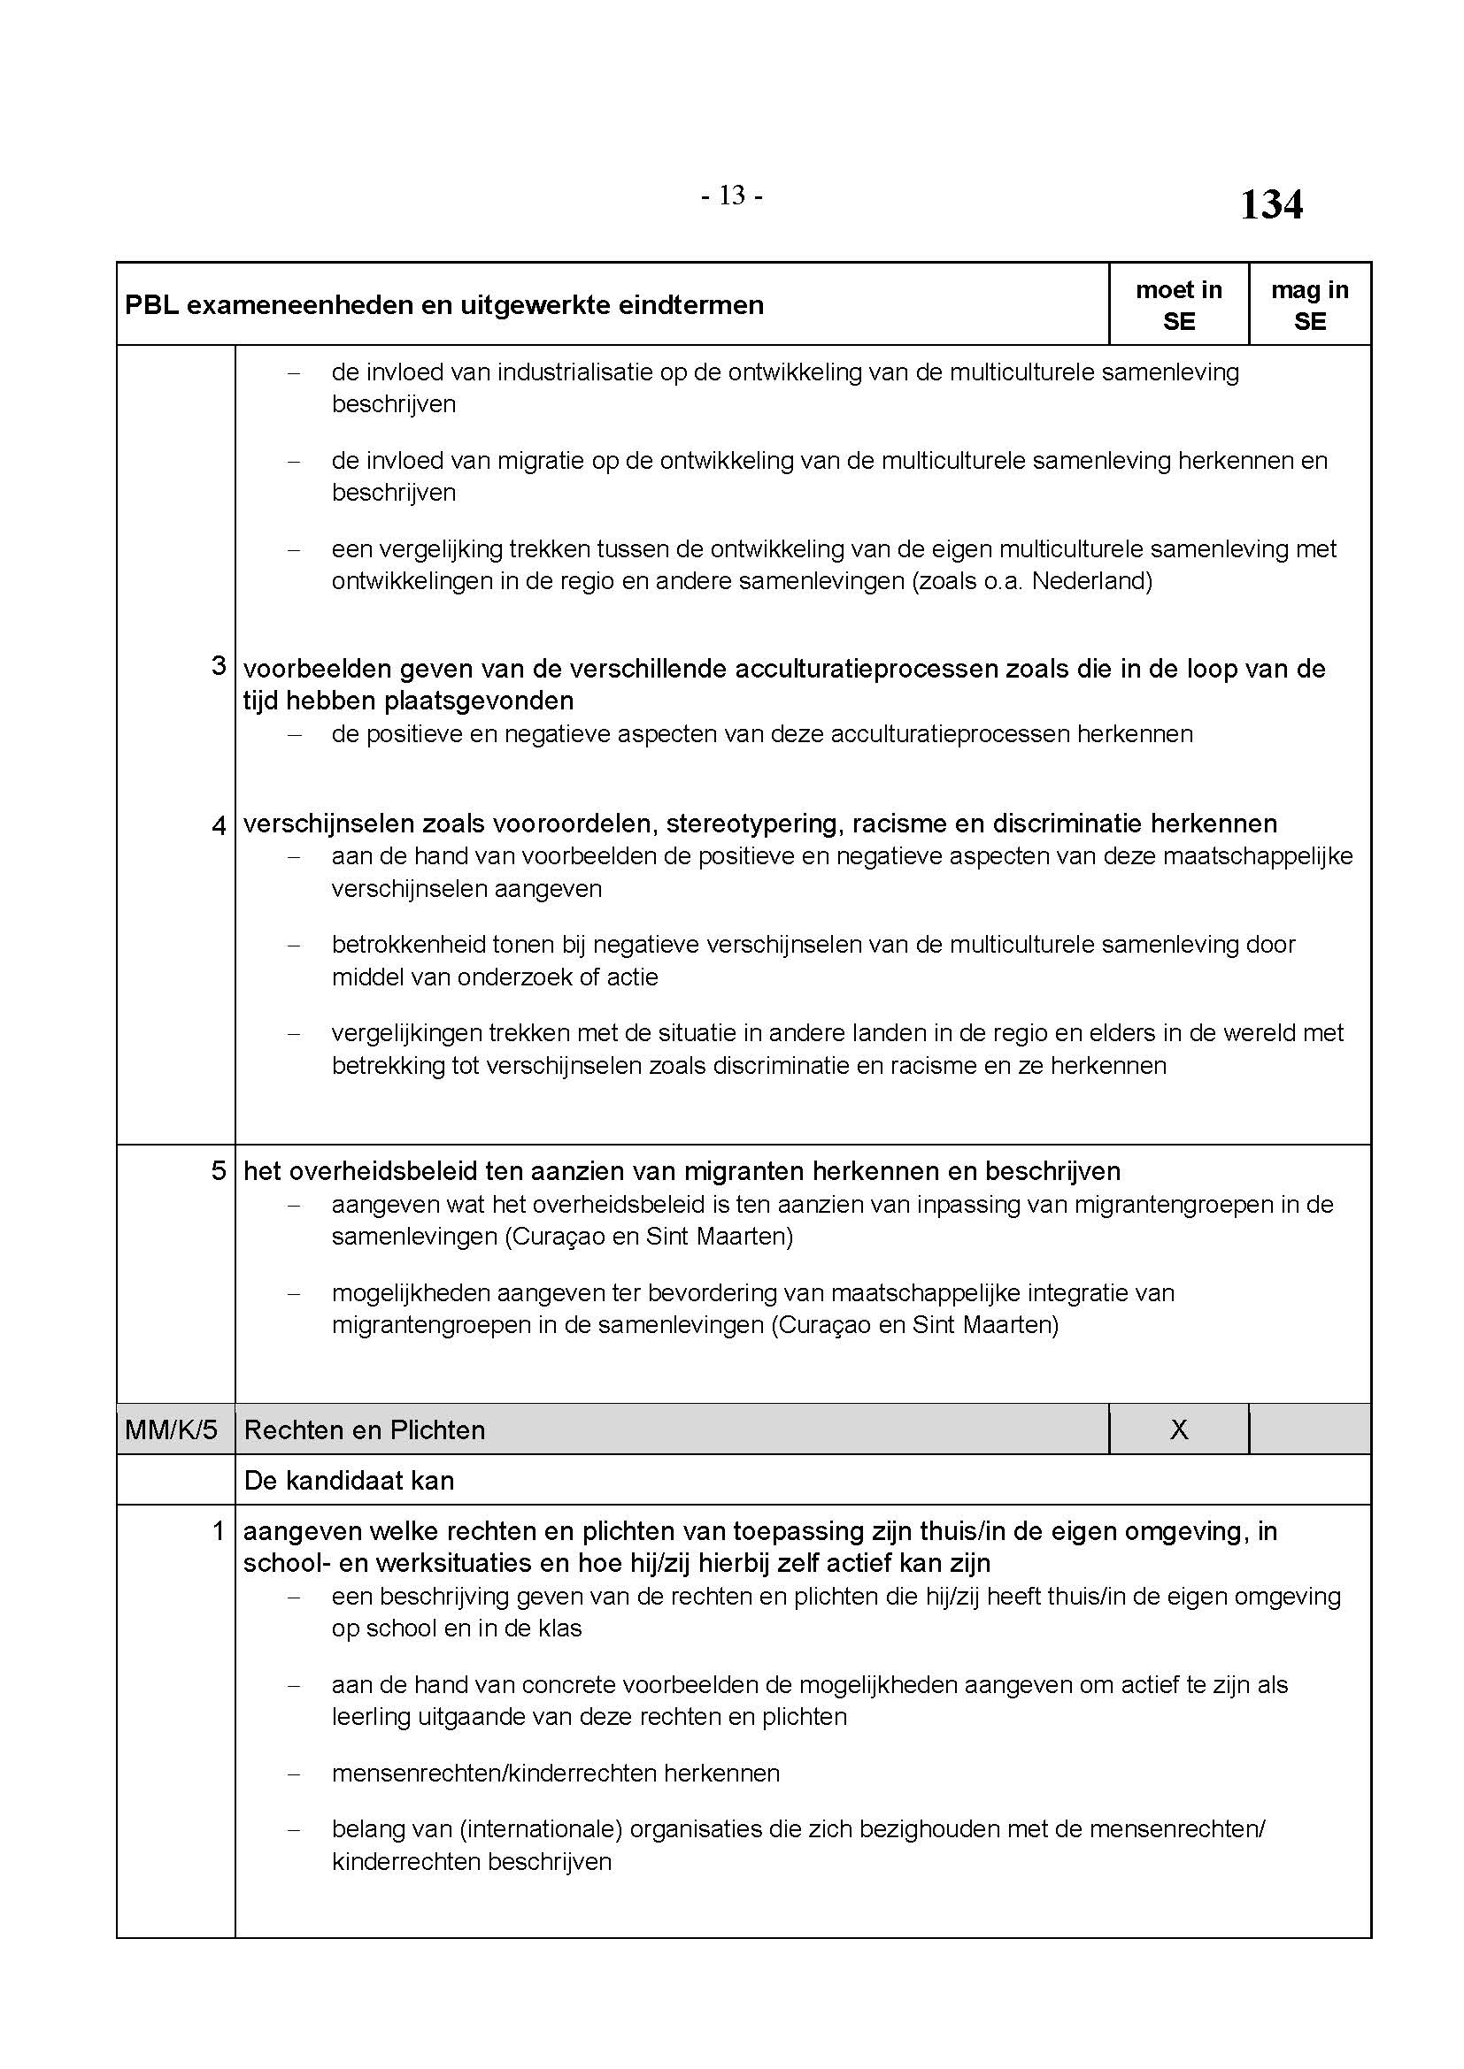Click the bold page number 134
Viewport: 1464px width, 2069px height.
1270,204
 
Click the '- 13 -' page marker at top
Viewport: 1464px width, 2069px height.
731,195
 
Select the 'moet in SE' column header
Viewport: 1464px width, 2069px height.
1178,304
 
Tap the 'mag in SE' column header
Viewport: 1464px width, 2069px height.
1309,304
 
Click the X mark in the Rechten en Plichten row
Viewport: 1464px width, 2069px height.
1178,1429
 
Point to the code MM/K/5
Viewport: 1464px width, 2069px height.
172,1430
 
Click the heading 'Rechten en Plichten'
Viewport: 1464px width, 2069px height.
364,1430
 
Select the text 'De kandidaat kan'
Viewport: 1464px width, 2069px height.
349,1481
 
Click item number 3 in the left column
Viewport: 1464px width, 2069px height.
218,666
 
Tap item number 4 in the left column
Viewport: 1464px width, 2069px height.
218,824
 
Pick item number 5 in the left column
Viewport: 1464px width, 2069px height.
218,1170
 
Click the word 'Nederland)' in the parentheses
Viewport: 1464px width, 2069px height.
1091,581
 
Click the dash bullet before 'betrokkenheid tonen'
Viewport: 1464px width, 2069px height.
293,946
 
